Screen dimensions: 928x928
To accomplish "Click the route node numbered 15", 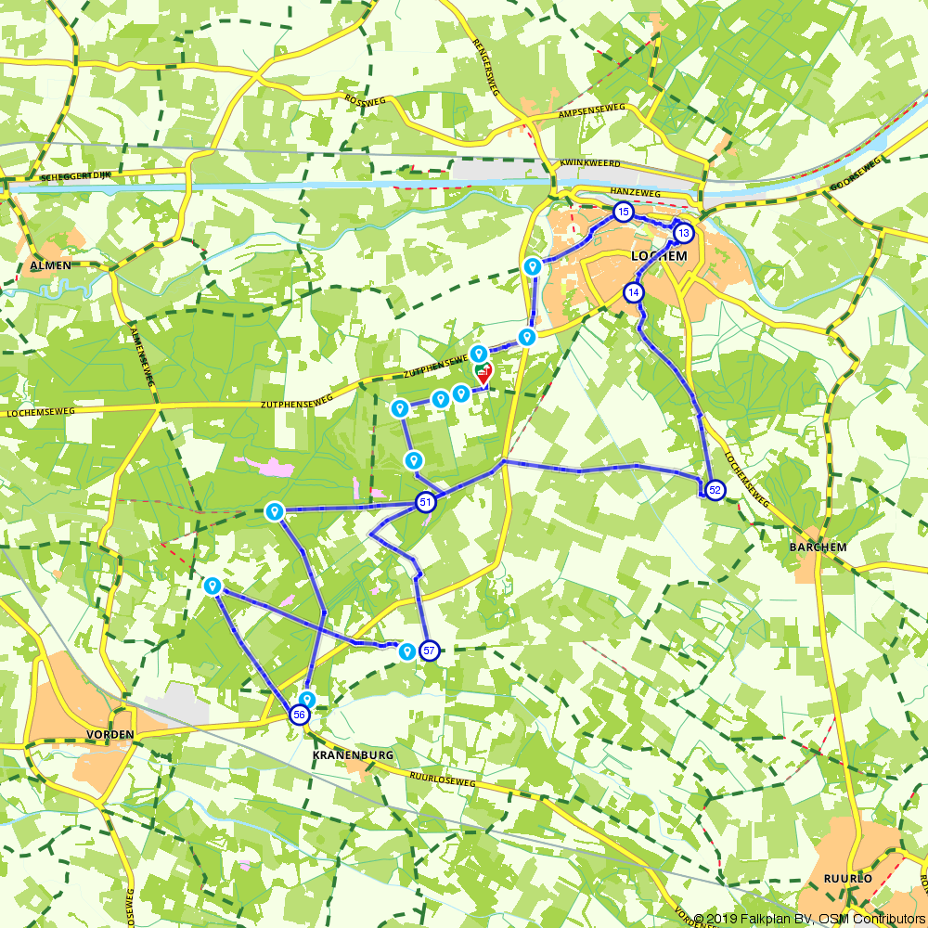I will pyautogui.click(x=623, y=213).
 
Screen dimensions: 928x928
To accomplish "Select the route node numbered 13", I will pyautogui.click(x=683, y=232).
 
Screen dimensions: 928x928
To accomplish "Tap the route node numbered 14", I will pyautogui.click(x=633, y=292).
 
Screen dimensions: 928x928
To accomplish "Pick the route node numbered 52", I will pyautogui.click(x=714, y=490).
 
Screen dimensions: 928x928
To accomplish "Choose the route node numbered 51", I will pyautogui.click(x=426, y=503).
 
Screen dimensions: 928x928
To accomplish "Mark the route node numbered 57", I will pyautogui.click(x=429, y=651).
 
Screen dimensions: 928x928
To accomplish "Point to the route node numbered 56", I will pyautogui.click(x=299, y=714).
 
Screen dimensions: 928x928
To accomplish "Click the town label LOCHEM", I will pyautogui.click(x=659, y=255).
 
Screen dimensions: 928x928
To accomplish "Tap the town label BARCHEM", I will pyautogui.click(x=818, y=548).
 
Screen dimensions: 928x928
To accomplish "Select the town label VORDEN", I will pyautogui.click(x=110, y=734).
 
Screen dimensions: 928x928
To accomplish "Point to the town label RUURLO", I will pyautogui.click(x=848, y=878).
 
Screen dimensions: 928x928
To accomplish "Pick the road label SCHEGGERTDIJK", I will pyautogui.click(x=76, y=175).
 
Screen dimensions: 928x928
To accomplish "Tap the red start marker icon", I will pyautogui.click(x=483, y=373).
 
